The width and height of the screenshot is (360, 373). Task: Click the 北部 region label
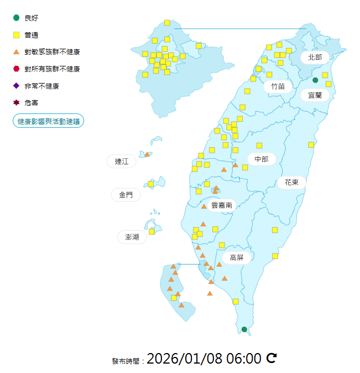[x=315, y=57]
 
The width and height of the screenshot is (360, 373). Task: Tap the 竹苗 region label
[x=278, y=86]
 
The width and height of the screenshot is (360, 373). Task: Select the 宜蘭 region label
[x=315, y=95]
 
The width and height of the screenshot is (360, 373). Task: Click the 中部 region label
[x=261, y=159]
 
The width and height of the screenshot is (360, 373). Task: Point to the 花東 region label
[x=291, y=182]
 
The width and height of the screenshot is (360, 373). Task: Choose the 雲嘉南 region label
[x=222, y=205]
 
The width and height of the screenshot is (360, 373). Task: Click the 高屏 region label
[x=237, y=257]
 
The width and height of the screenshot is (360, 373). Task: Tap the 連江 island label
[x=122, y=162]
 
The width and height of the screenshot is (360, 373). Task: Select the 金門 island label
[x=126, y=195]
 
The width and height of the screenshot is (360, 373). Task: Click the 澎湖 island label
[x=132, y=237]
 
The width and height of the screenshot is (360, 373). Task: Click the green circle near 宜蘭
[x=315, y=80]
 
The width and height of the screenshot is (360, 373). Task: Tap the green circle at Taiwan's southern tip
[x=244, y=329]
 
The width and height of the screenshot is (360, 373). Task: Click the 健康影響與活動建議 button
[x=48, y=121]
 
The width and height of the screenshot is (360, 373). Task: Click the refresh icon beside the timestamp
[x=272, y=358]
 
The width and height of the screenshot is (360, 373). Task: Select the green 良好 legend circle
[x=17, y=18]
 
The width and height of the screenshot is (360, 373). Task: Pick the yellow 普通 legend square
[x=17, y=35]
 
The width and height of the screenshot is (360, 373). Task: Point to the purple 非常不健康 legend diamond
[x=17, y=86]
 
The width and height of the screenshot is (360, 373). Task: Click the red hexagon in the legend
[x=17, y=69]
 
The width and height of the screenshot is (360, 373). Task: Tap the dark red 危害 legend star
[x=17, y=102]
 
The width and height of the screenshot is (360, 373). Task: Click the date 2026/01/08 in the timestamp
[x=184, y=359]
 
